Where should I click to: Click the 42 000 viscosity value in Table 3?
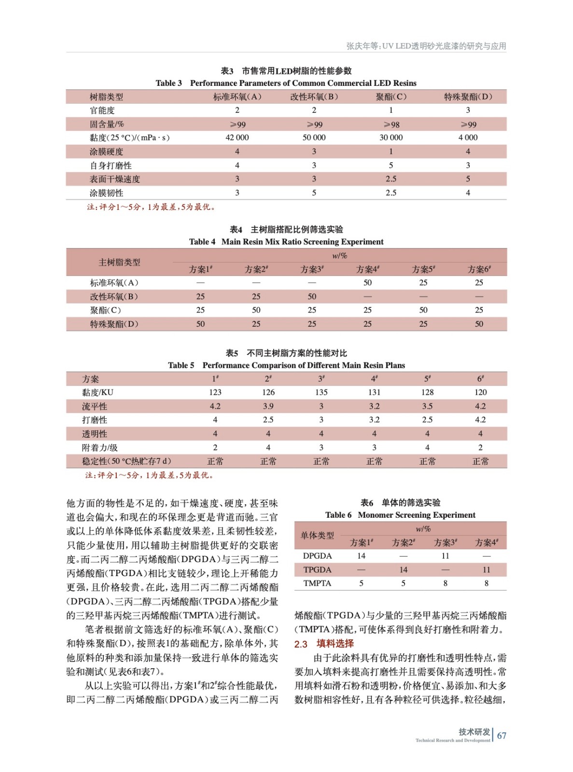pos(237,138)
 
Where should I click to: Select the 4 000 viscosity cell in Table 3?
pos(468,138)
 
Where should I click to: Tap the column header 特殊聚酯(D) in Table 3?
pos(468,96)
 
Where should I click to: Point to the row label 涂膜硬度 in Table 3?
pos(106,152)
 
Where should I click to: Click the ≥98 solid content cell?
pos(391,124)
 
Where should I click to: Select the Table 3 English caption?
pos(286,83)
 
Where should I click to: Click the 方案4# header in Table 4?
pos(368,269)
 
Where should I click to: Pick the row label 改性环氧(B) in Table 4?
pos(114,296)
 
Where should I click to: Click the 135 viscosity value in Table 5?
pos(321,392)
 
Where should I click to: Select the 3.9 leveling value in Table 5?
pos(268,406)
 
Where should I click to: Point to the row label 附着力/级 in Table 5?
pos(100,447)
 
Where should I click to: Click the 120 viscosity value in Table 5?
pos(480,392)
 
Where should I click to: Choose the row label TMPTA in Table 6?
pos(317,583)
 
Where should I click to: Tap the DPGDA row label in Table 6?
pos(317,556)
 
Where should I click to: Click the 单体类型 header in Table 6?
pos(317,535)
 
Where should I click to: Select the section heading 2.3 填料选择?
pos(324,644)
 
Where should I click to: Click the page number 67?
pos(502,735)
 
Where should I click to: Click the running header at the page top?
pos(426,46)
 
